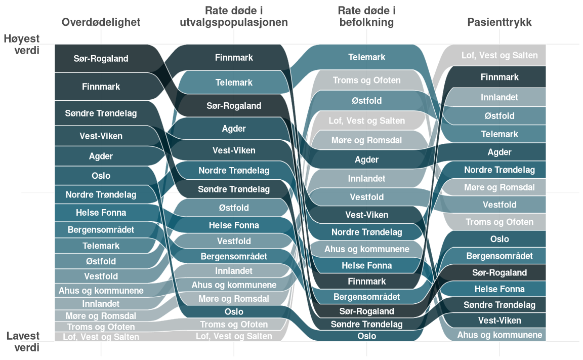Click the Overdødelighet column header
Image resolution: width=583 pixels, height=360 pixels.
click(101, 22)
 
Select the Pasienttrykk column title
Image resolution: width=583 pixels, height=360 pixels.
click(499, 22)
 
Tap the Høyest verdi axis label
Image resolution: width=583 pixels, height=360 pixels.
click(22, 44)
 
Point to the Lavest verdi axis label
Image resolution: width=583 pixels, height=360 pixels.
click(23, 342)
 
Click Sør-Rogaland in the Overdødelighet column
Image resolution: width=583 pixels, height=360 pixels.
click(101, 58)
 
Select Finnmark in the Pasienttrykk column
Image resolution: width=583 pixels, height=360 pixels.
click(499, 77)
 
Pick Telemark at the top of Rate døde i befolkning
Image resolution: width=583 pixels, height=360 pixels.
click(366, 57)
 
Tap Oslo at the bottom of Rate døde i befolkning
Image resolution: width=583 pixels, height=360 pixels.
click(366, 336)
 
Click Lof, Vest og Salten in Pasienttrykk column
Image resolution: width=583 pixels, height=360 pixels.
click(499, 55)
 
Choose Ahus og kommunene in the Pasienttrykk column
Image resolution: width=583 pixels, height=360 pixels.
click(499, 335)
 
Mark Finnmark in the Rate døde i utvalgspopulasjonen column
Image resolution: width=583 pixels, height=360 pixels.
click(234, 58)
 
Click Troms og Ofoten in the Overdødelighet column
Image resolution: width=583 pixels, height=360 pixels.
click(101, 327)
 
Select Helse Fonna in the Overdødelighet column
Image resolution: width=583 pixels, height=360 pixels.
click(101, 213)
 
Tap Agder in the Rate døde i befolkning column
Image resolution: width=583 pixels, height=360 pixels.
click(366, 160)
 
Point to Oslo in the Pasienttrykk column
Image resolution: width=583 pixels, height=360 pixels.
click(499, 239)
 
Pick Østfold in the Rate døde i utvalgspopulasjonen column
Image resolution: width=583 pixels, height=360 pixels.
click(234, 208)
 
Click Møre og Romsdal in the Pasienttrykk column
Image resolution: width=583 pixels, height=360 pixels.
click(499, 187)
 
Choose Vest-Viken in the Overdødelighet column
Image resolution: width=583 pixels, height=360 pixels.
click(101, 136)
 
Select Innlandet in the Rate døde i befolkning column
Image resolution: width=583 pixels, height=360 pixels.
click(366, 179)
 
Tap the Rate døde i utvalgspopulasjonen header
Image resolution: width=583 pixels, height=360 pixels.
click(234, 17)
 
